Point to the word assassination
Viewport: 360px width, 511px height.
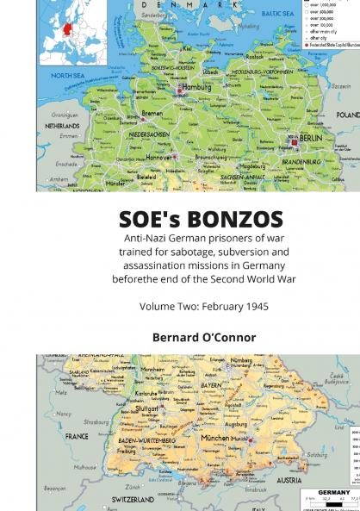tap(146, 265)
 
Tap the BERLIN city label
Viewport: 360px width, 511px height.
tap(310, 138)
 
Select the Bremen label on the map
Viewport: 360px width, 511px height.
tap(152, 113)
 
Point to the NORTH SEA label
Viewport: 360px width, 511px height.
tap(66, 76)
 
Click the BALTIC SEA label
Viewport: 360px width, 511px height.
tap(277, 14)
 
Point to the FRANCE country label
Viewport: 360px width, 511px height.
tap(78, 436)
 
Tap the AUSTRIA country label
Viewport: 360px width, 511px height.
tap(289, 480)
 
